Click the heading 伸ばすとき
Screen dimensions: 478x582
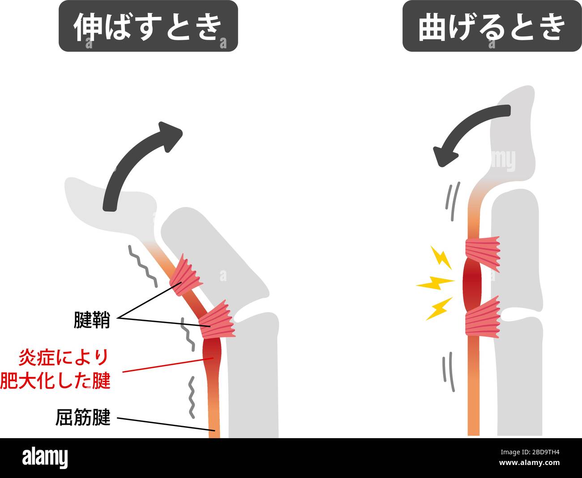[x=148, y=26]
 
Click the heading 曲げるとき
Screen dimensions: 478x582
[x=491, y=26]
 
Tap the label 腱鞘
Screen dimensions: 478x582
[x=91, y=320]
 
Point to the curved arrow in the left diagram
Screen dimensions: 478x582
[x=134, y=161]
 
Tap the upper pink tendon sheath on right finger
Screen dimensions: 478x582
[x=483, y=253]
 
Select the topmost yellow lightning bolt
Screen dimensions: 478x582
[x=441, y=257]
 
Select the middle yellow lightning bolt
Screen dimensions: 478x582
[x=434, y=283]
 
